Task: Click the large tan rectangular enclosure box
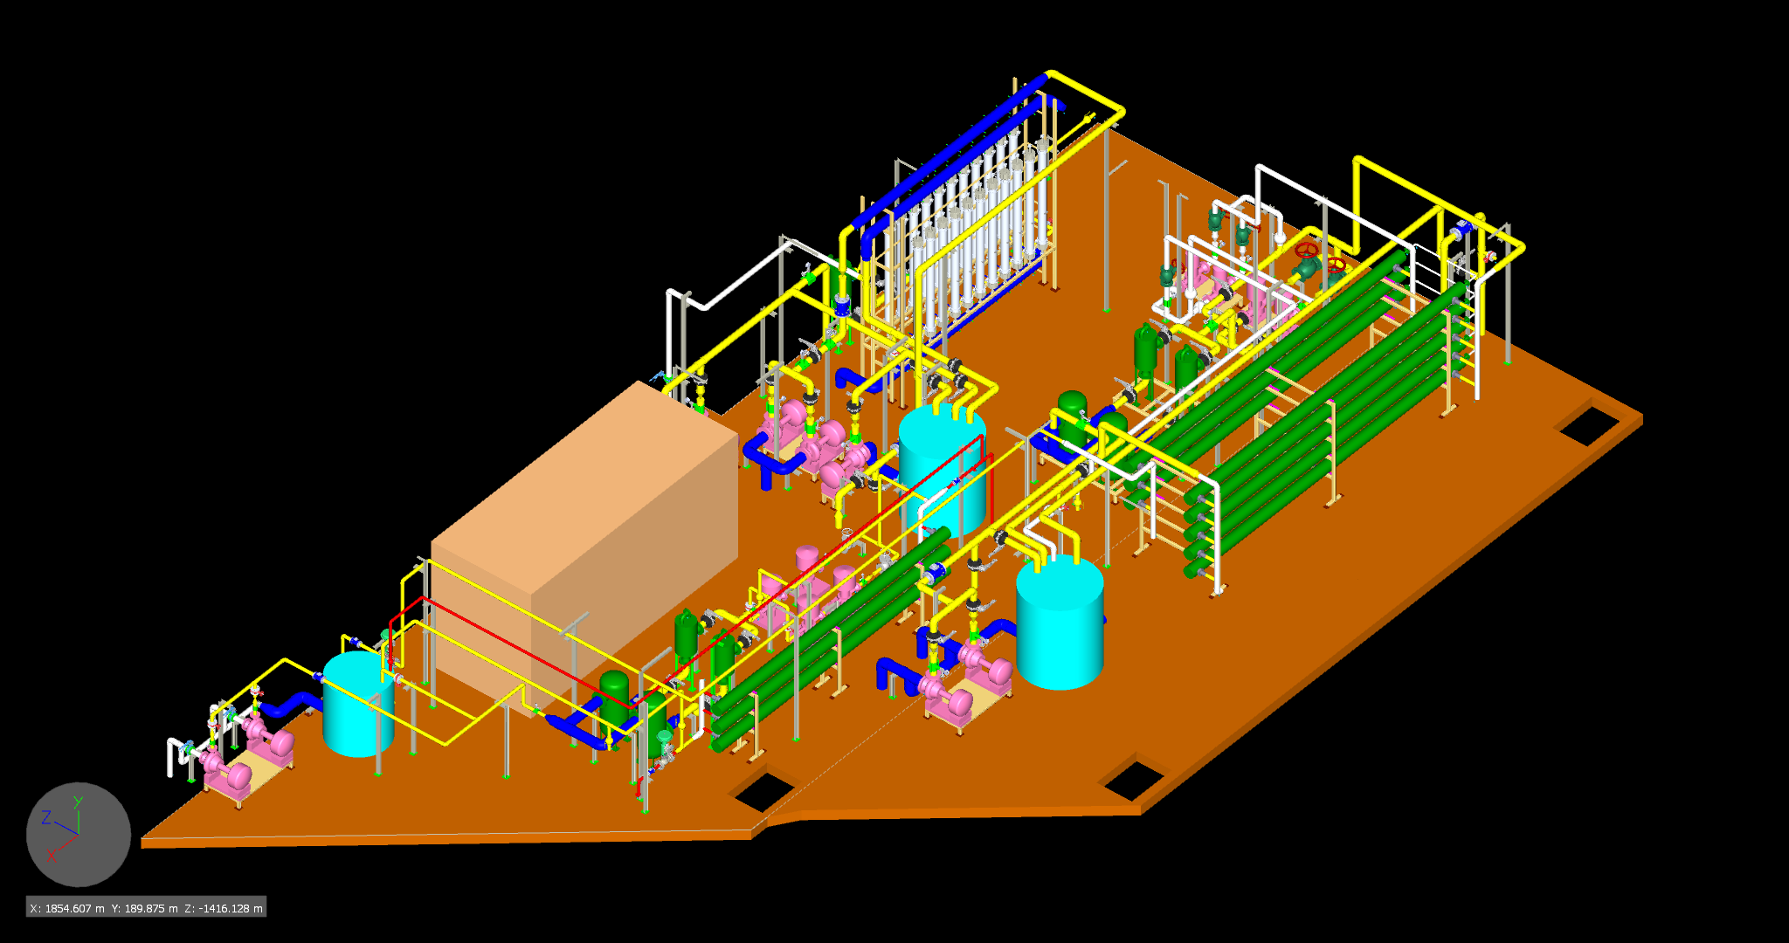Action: pyautogui.click(x=585, y=541)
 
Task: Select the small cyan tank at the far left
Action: pyautogui.click(x=358, y=704)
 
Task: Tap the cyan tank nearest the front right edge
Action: pyautogui.click(x=1060, y=622)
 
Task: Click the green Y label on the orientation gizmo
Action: pyautogui.click(x=78, y=802)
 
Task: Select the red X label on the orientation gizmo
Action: pyautogui.click(x=51, y=856)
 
